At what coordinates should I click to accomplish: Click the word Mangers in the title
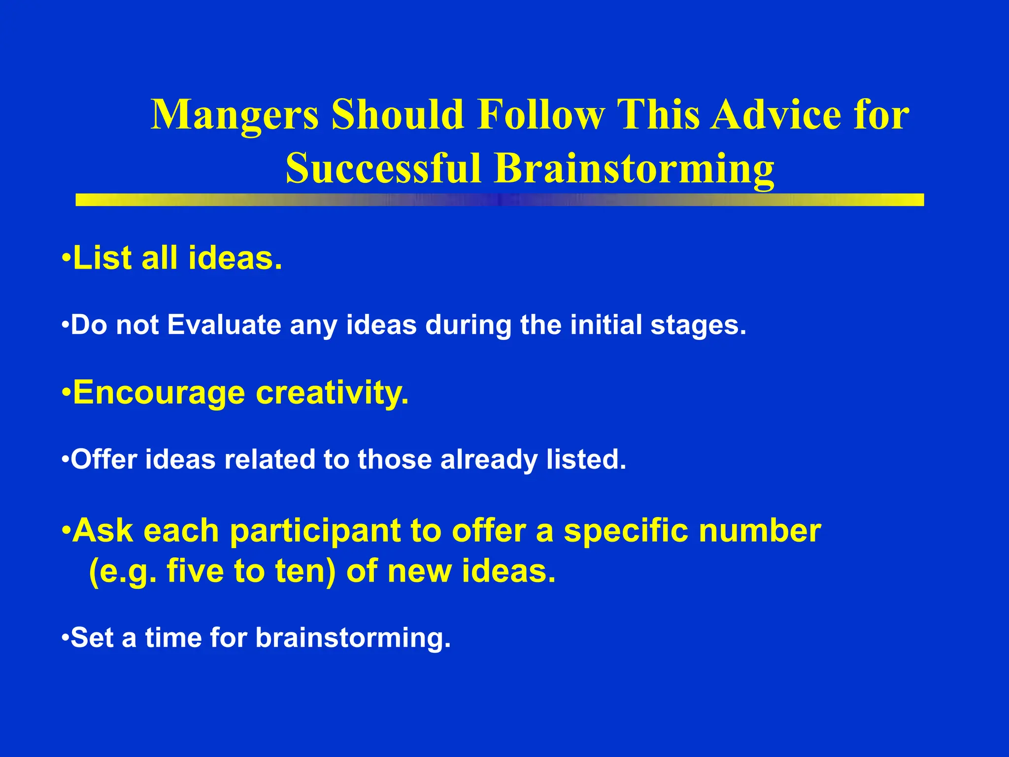pos(235,115)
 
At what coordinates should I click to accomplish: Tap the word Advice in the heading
pos(775,114)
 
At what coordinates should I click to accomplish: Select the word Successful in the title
pos(383,169)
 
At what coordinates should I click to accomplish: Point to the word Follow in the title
pos(540,114)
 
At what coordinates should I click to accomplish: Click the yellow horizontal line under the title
pos(500,200)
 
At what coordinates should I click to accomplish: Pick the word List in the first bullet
pos(103,258)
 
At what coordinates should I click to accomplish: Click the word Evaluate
pos(225,325)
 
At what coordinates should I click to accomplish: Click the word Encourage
pos(159,393)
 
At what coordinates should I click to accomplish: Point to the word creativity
pos(332,393)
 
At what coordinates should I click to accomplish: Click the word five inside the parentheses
pos(195,571)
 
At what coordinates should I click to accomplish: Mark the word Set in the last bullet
pos(92,638)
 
